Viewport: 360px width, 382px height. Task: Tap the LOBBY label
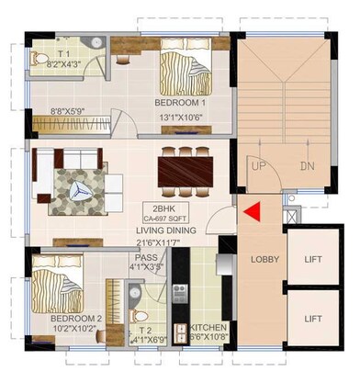click(263, 260)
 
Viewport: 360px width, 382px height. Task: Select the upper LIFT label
click(314, 260)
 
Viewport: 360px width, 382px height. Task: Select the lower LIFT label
click(314, 319)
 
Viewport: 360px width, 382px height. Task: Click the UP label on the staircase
click(259, 166)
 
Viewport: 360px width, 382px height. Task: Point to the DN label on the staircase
click(307, 166)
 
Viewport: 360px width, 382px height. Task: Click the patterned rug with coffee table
click(79, 186)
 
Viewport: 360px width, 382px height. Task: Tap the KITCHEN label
click(208, 328)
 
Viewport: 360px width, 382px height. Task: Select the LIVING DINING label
click(171, 230)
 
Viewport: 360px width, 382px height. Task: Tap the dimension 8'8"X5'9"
click(68, 109)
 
